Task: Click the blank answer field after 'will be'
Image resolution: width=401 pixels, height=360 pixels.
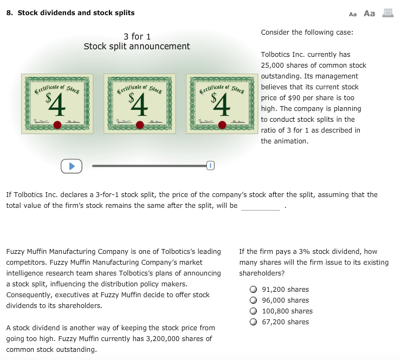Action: (x=261, y=206)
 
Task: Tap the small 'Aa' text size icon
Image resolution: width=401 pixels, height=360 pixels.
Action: (x=353, y=14)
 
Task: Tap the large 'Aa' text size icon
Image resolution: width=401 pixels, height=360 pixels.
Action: (x=369, y=14)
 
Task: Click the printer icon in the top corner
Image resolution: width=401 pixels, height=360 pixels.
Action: (x=387, y=14)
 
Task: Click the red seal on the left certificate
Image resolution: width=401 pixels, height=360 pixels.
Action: (x=57, y=125)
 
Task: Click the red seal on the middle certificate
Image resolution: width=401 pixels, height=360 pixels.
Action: (x=140, y=125)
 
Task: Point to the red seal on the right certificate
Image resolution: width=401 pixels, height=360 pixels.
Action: (x=222, y=125)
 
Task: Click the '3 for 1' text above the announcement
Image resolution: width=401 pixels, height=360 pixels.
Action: (x=137, y=36)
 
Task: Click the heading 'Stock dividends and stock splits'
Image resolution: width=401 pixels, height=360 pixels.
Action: (x=76, y=12)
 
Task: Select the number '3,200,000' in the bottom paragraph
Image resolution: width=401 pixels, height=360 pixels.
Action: (x=179, y=338)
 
